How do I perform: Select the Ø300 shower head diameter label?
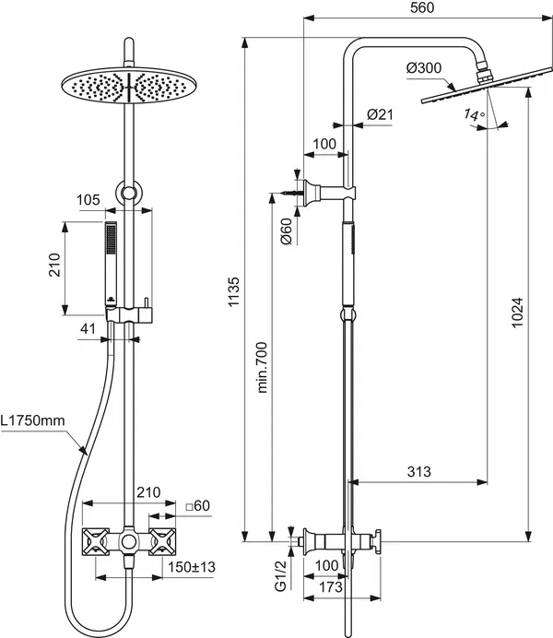coord(422,67)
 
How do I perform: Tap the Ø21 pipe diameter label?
coord(381,113)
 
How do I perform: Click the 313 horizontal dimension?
coord(419,472)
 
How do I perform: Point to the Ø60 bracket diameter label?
coord(287,231)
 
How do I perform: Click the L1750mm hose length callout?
coord(33,421)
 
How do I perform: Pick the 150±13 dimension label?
coord(192,566)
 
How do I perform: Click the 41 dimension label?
coord(88,327)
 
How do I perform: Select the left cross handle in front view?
coord(98,542)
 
